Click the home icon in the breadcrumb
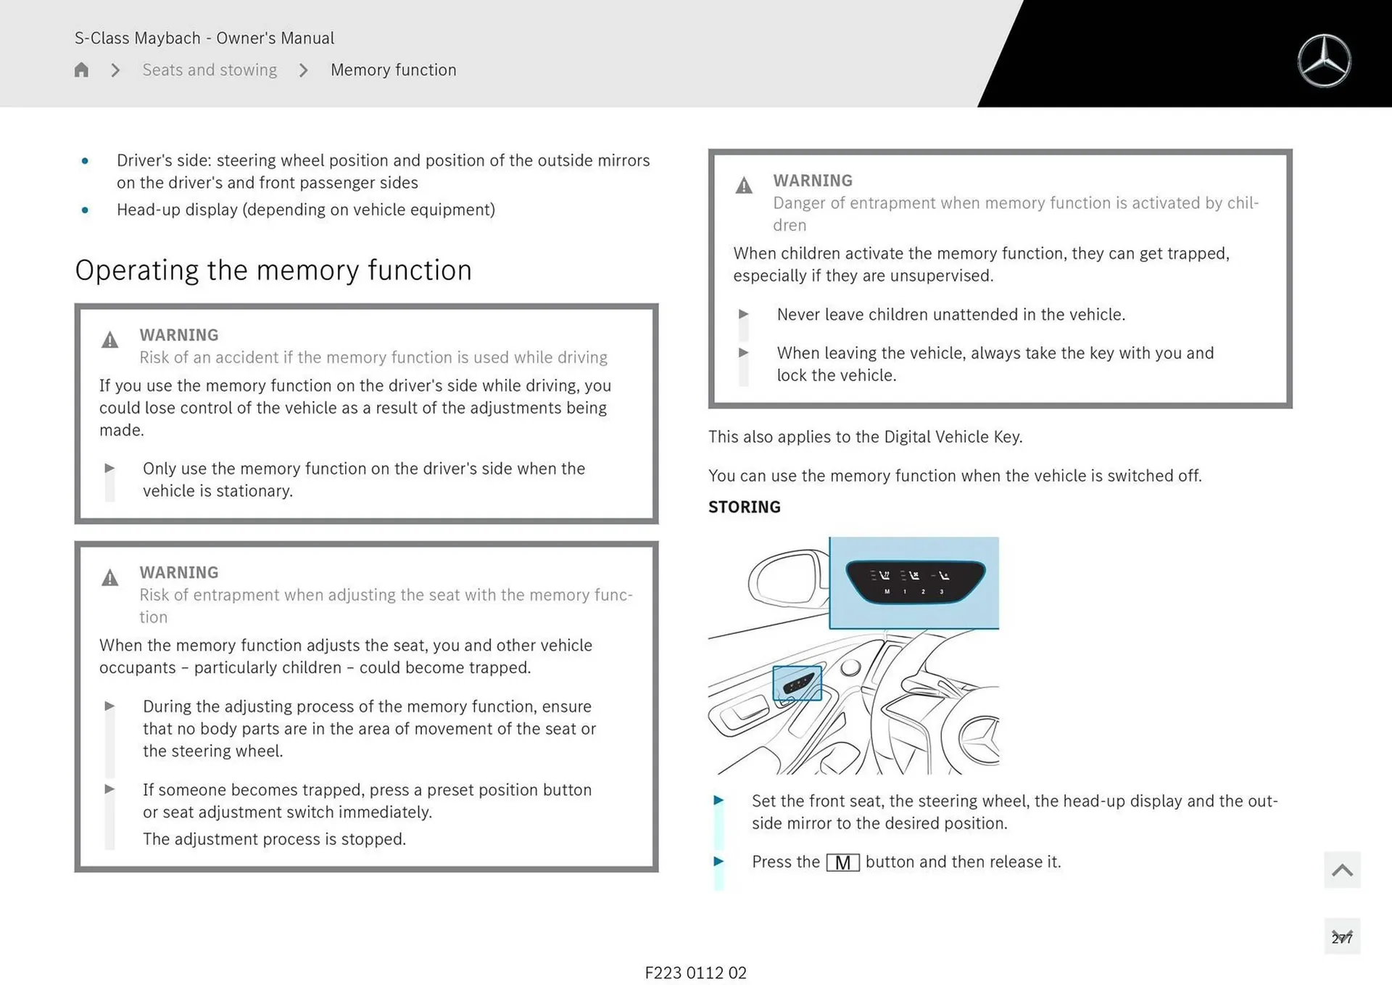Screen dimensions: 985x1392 click(x=81, y=70)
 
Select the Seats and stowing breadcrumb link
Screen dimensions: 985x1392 click(x=210, y=70)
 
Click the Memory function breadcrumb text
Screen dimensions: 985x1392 click(x=393, y=70)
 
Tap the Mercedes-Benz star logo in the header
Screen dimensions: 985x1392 click(x=1324, y=61)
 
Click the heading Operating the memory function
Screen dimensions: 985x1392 click(x=273, y=270)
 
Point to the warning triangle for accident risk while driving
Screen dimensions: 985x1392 click(x=109, y=339)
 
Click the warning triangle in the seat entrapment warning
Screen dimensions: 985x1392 click(x=109, y=577)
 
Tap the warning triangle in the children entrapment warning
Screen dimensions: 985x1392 click(x=744, y=186)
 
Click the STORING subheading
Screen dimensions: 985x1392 click(x=744, y=507)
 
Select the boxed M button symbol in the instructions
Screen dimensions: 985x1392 click(x=842, y=862)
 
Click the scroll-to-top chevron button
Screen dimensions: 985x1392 click(x=1342, y=870)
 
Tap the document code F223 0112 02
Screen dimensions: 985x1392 click(x=695, y=973)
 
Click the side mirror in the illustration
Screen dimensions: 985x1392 click(x=787, y=581)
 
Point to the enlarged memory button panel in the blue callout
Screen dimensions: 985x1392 click(x=915, y=582)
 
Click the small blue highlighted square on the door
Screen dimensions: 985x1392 click(x=797, y=683)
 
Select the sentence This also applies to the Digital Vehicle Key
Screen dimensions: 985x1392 click(x=865, y=437)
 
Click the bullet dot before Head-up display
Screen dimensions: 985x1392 click(x=85, y=210)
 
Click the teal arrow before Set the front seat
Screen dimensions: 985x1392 click(x=718, y=800)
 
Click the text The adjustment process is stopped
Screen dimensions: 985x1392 click(x=274, y=839)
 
